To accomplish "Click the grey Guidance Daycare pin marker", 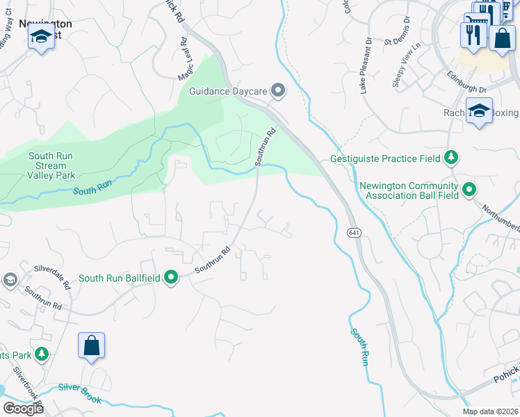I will [279, 90].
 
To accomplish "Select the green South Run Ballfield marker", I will [171, 278].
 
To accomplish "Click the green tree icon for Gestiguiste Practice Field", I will [451, 158].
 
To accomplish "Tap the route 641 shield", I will [353, 234].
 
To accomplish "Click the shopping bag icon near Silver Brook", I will [91, 346].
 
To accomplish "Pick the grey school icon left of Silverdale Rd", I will [10, 280].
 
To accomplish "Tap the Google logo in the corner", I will [23, 408].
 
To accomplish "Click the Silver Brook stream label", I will [80, 393].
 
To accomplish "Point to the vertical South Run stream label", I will [358, 347].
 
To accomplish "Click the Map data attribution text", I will [491, 411].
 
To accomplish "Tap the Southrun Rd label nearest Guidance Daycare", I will [266, 147].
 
